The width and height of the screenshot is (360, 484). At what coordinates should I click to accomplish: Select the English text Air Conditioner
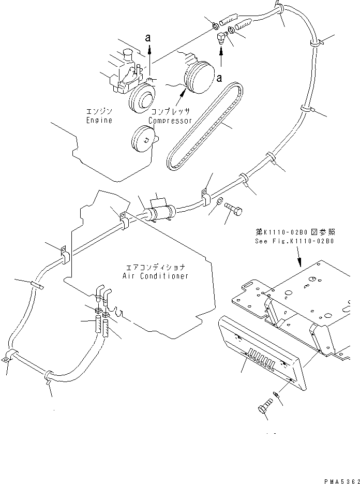point(155,276)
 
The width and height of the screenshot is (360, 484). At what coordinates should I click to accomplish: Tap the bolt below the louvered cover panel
point(264,409)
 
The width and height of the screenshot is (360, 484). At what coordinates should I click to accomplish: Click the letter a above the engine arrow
point(149,38)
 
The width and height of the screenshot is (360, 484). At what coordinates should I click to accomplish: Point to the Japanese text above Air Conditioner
point(155,268)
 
